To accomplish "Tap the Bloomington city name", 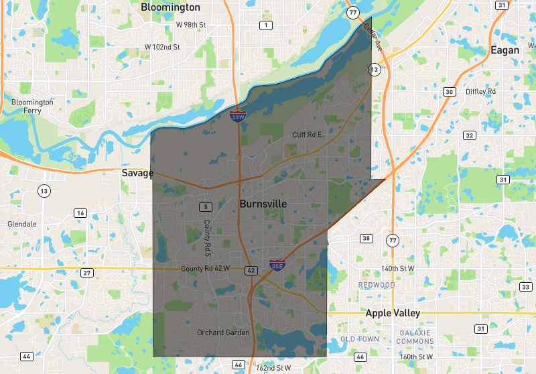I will point(170,7).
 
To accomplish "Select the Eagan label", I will point(504,50).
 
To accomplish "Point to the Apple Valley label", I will point(393,313).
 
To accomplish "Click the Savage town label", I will point(137,173).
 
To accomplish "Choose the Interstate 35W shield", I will point(237,116).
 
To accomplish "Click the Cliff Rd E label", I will point(308,135).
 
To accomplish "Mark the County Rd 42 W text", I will point(206,269).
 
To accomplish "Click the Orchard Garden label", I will point(223,332).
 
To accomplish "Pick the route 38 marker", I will point(366,239).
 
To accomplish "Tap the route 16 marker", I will point(80,213).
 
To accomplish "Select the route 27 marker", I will point(87,273).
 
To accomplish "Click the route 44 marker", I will point(27,356).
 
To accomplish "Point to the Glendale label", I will point(22,224).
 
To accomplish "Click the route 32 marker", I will point(470,135).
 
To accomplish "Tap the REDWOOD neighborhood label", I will point(377,285).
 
